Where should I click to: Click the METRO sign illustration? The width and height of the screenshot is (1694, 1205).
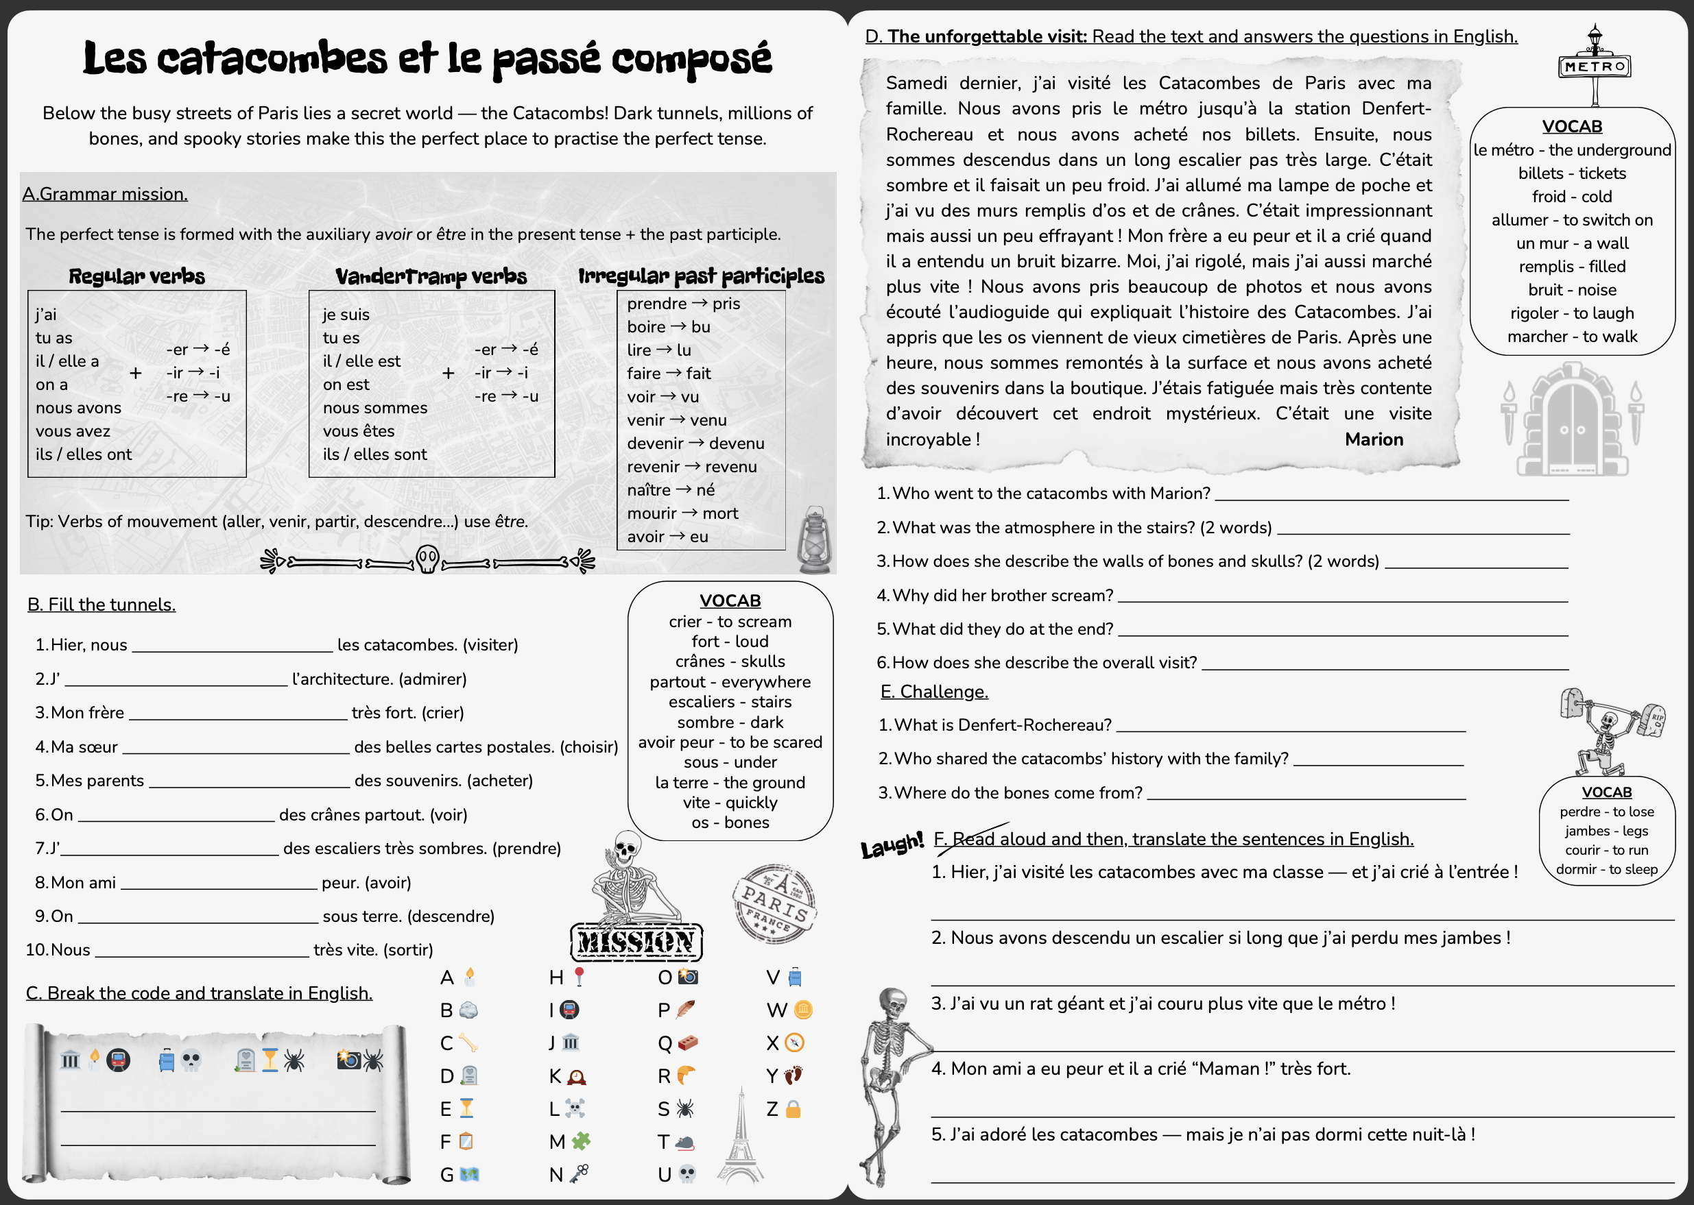pyautogui.click(x=1594, y=66)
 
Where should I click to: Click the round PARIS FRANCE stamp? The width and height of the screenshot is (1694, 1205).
pyautogui.click(x=775, y=903)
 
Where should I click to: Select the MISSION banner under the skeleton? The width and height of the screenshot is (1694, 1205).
pyautogui.click(x=636, y=942)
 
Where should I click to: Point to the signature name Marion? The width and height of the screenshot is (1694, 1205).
pyautogui.click(x=1373, y=439)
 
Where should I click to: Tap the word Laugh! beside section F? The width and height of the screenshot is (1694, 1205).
pyautogui.click(x=892, y=844)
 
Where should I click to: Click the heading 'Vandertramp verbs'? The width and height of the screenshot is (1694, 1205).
pyautogui.click(x=431, y=277)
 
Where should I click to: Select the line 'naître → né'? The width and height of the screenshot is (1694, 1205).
pyautogui.click(x=670, y=489)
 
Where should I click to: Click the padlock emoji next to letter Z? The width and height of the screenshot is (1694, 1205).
pyautogui.click(x=793, y=1109)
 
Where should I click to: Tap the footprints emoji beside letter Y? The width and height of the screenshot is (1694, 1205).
pyautogui.click(x=793, y=1076)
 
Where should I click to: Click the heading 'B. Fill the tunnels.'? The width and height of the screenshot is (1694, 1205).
pyautogui.click(x=102, y=605)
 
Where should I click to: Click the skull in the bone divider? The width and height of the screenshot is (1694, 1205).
pyautogui.click(x=427, y=559)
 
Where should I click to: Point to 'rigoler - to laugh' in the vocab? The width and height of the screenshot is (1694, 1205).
pyautogui.click(x=1571, y=313)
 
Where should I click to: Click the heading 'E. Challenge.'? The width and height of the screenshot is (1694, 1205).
pyautogui.click(x=934, y=692)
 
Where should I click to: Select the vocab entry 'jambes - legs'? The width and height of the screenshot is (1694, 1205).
pyautogui.click(x=1606, y=831)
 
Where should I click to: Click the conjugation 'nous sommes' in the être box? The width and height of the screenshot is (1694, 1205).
pyautogui.click(x=375, y=408)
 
